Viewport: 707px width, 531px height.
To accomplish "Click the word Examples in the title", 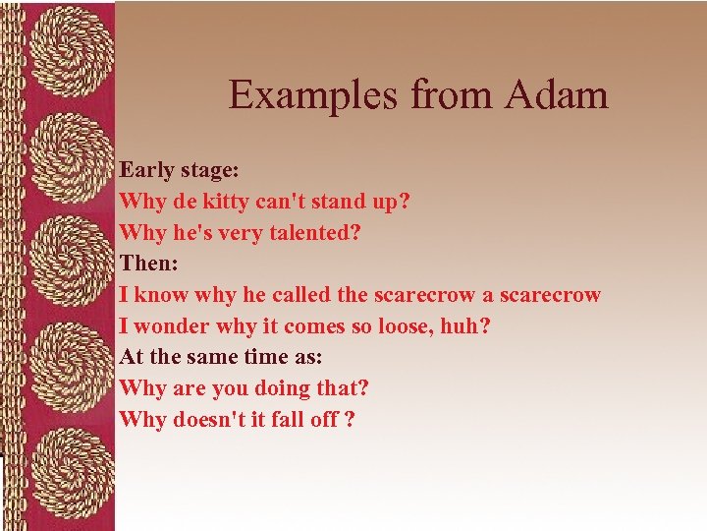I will (315, 95).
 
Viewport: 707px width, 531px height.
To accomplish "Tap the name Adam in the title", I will (558, 95).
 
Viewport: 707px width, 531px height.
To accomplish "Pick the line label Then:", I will (146, 264).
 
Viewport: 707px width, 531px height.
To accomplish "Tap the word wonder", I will (165, 326).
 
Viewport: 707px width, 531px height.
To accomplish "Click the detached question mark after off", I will (350, 420).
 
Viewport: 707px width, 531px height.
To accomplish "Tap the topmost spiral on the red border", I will (71, 55).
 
